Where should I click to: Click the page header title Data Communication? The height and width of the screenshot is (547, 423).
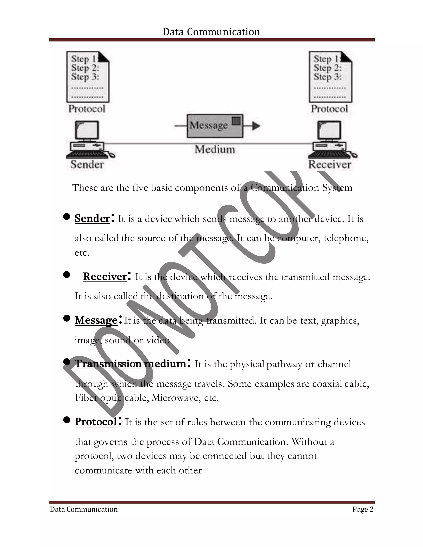coord(211,32)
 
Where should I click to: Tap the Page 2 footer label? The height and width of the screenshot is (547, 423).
coord(363,509)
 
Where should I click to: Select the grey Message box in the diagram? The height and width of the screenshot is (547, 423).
coord(215,126)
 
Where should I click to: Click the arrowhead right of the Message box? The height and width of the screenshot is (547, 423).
coord(256,126)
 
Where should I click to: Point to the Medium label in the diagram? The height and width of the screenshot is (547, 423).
coord(215,149)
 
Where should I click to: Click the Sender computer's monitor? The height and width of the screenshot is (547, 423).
coord(87,130)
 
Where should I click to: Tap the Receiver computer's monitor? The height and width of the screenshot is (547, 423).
coord(329,130)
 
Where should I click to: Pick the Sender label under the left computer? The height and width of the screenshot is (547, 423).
coord(87,165)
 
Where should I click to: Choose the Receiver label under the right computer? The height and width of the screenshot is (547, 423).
coord(329,165)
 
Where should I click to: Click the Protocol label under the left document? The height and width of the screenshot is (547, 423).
coord(87,109)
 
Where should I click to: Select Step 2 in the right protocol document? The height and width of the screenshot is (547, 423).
coord(327,68)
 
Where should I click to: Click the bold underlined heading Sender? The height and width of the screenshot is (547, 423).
coord(92,218)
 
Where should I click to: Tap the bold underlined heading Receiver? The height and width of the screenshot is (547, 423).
coord(105,277)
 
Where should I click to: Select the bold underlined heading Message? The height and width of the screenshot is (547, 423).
coord(96,320)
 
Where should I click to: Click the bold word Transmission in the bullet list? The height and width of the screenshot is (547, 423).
coord(108,364)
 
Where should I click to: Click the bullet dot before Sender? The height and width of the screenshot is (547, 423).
coord(67,217)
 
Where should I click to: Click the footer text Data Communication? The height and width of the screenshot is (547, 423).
coord(84,509)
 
